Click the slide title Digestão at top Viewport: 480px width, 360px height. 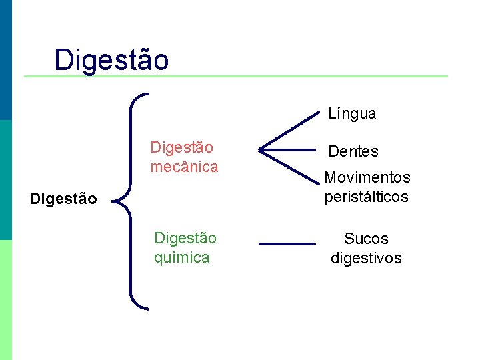click(x=111, y=59)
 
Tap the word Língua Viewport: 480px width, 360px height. click(x=352, y=114)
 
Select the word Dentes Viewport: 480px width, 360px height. click(x=353, y=151)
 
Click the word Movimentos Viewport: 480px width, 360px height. click(x=367, y=177)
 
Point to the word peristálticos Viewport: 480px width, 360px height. click(x=366, y=197)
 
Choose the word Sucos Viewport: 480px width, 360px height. click(x=366, y=239)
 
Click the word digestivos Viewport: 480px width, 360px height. click(x=366, y=258)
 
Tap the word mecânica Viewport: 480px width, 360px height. click(x=184, y=167)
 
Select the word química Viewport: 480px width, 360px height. click(x=181, y=257)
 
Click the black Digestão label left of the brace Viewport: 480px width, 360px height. click(x=64, y=199)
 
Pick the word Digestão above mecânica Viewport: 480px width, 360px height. click(x=182, y=147)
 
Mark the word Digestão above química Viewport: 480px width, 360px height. click(x=185, y=238)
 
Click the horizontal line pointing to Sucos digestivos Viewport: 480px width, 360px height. click(x=286, y=244)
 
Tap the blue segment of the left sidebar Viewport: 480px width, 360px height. click(x=5, y=60)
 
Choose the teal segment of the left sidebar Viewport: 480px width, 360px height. click(x=5, y=180)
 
